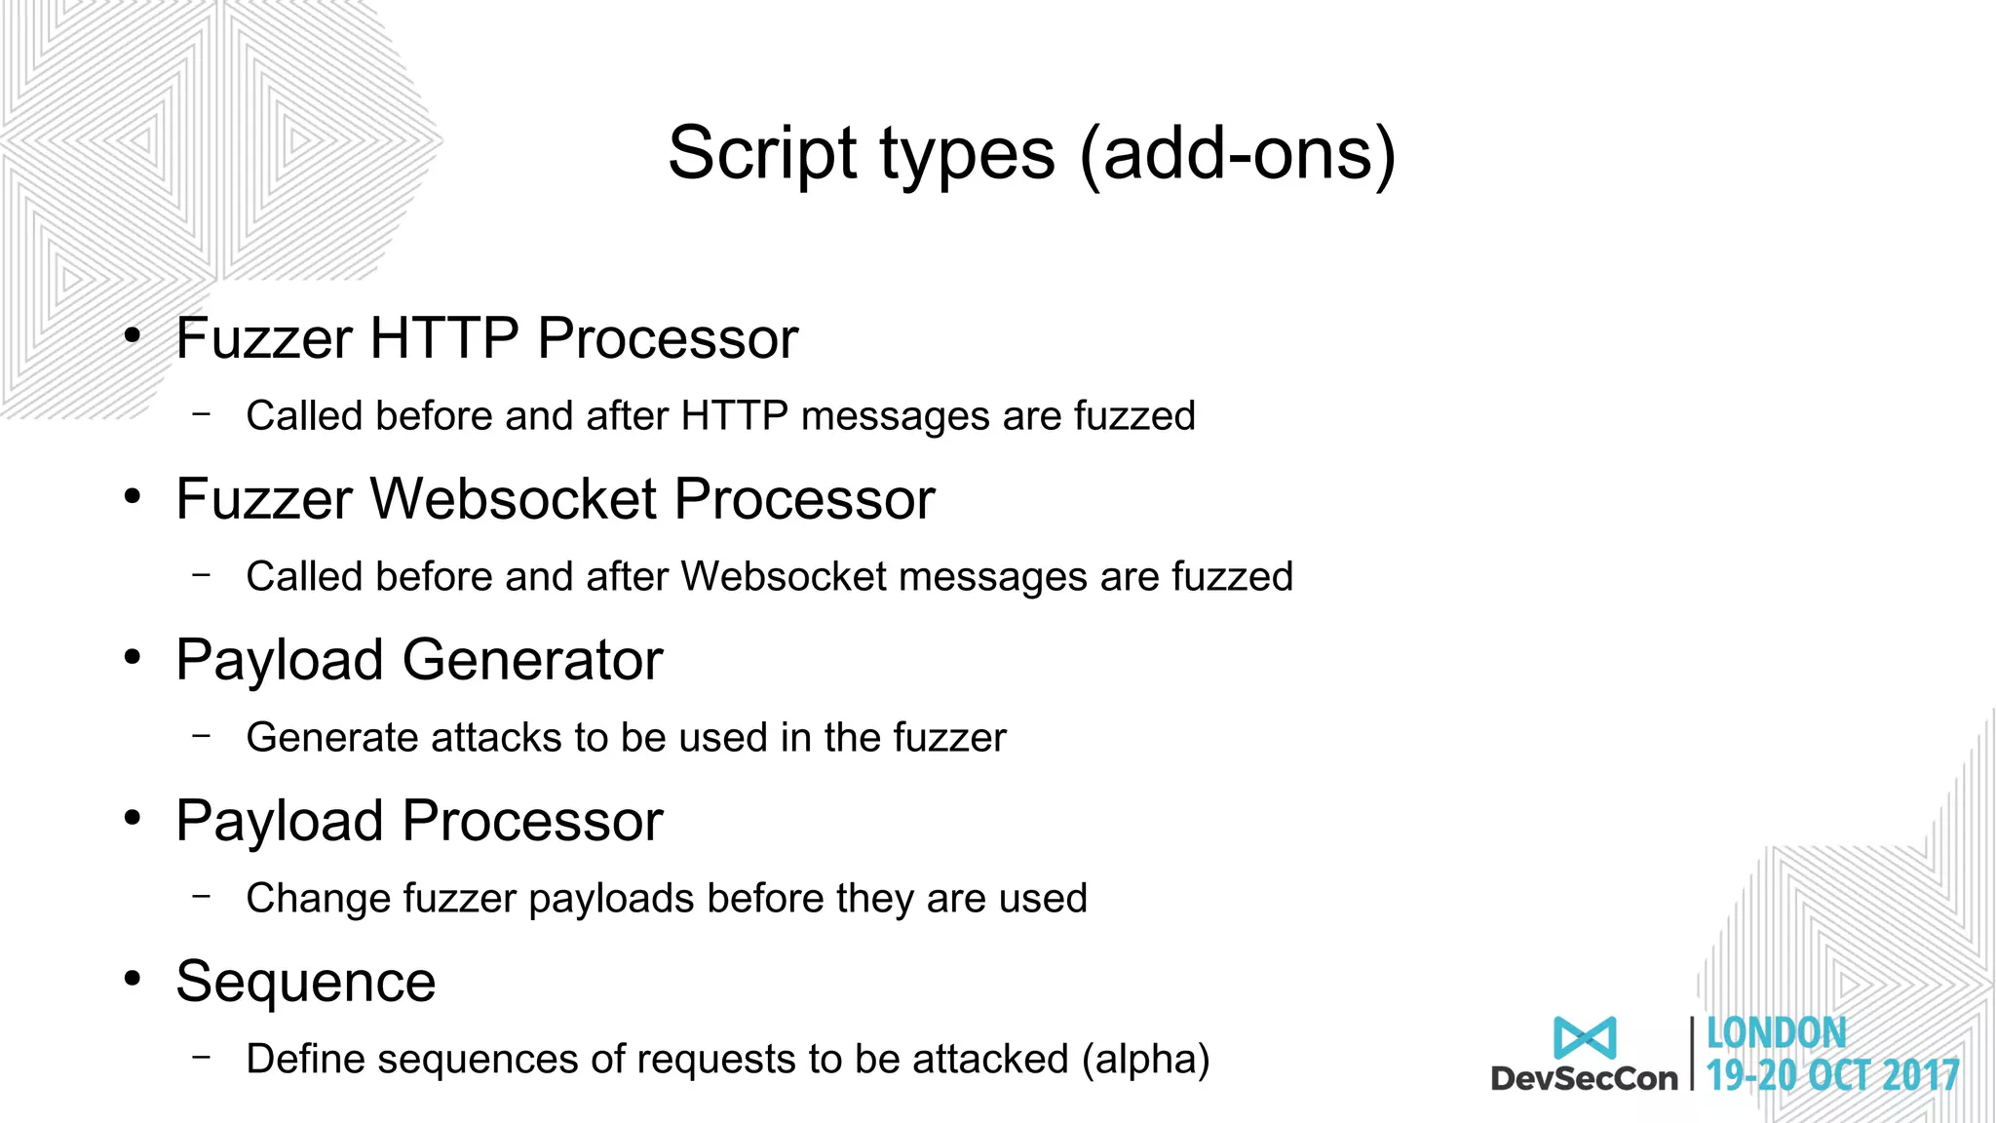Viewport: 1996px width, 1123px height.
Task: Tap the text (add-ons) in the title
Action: coord(1237,154)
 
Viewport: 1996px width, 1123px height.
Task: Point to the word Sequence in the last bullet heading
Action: coord(305,982)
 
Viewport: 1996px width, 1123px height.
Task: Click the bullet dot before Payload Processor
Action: coord(133,818)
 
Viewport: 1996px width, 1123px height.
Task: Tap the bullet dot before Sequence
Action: coord(133,979)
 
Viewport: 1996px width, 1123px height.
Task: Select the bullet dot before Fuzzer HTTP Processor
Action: coord(133,336)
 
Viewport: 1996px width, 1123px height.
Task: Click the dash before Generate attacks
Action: coord(202,735)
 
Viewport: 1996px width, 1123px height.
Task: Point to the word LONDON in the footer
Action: coord(1776,1033)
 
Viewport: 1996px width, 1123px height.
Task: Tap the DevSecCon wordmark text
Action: coord(1584,1078)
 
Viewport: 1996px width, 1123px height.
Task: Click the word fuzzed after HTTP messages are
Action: coord(1134,416)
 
